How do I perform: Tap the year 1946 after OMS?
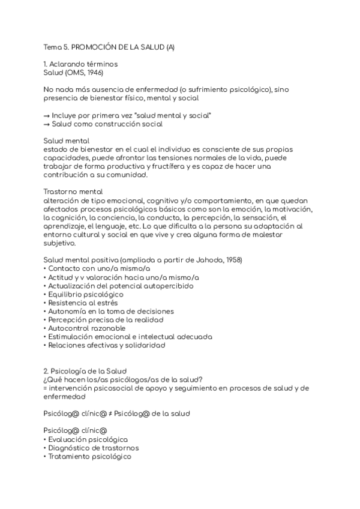click(95, 72)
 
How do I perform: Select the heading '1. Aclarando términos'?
click(80, 64)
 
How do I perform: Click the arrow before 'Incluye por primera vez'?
click(46, 115)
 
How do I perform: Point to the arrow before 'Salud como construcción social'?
click(46, 124)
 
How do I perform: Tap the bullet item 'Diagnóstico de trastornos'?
click(93, 447)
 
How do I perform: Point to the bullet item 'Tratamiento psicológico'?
click(89, 456)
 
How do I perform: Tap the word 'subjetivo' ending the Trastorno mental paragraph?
click(60, 242)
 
